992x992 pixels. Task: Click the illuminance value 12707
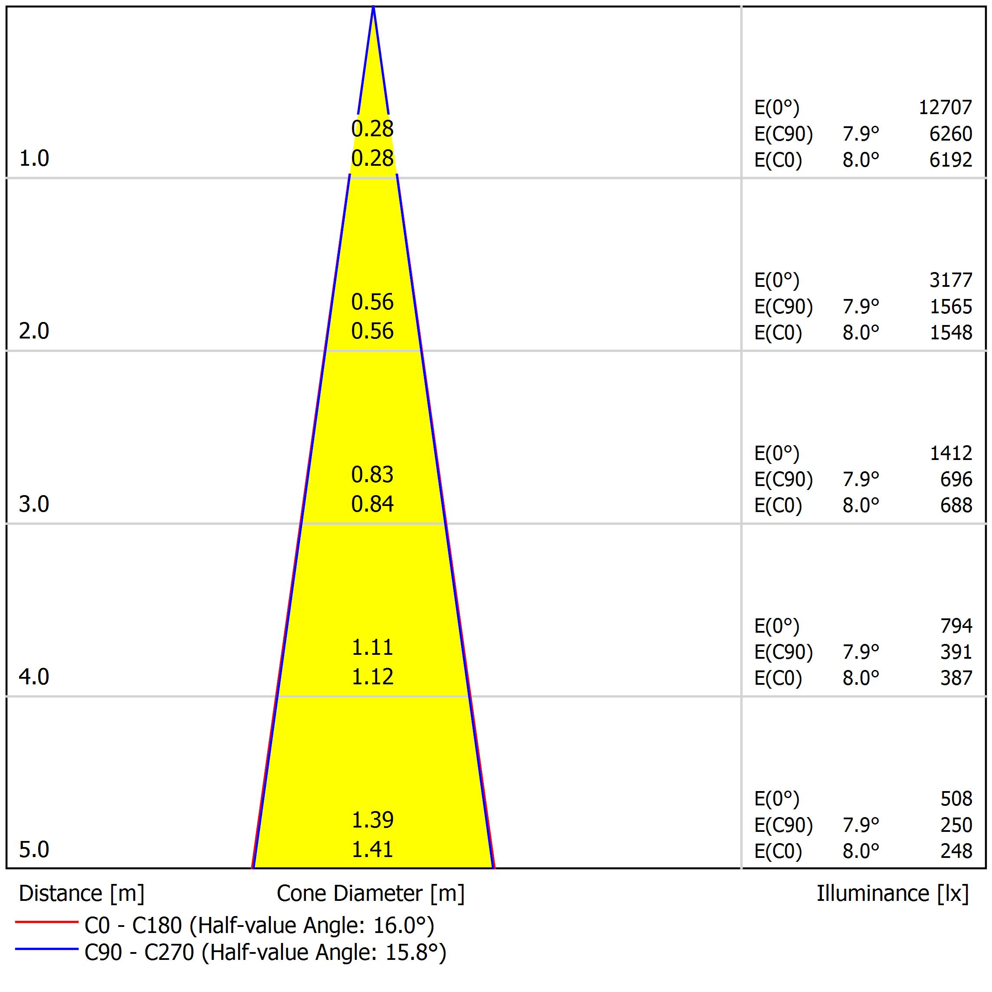[x=945, y=107]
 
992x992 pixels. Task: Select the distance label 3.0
[x=34, y=504]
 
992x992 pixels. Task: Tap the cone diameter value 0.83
[x=372, y=474]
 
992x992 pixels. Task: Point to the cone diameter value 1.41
[x=372, y=849]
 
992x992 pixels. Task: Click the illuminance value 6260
[x=950, y=134]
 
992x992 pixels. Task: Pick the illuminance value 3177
[x=950, y=280]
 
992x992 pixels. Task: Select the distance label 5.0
[x=34, y=849]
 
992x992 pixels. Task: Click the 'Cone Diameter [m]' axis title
[x=370, y=893]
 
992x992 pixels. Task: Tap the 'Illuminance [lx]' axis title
[x=892, y=893]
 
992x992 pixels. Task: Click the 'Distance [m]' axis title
[x=82, y=893]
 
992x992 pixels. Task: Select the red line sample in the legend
[x=46, y=922]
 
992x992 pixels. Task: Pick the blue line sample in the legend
[x=46, y=949]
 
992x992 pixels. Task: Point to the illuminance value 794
[x=956, y=625]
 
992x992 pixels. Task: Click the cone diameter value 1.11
[x=372, y=647]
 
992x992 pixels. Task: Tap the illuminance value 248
[x=956, y=851]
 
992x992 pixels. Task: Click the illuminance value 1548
[x=951, y=333]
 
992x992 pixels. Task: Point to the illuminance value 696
[x=956, y=479]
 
